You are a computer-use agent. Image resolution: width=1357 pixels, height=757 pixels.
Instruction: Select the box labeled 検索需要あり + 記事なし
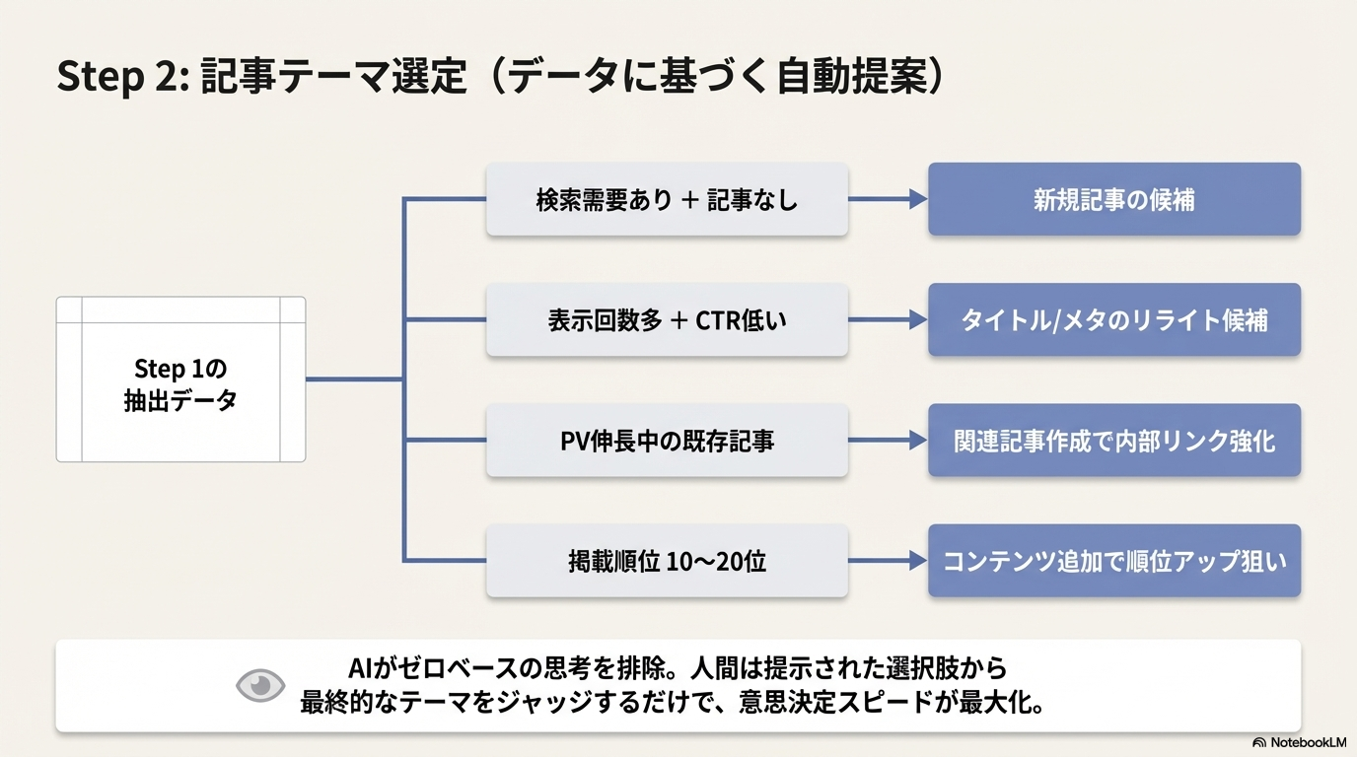tap(667, 199)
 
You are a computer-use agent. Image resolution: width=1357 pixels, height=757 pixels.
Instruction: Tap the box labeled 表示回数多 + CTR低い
tap(667, 320)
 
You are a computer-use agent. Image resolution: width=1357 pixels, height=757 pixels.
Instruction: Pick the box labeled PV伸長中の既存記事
tap(667, 441)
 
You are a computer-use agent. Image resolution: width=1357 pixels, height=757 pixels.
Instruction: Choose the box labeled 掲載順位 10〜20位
tap(667, 561)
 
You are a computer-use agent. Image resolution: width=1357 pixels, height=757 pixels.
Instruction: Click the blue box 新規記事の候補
tap(1113, 199)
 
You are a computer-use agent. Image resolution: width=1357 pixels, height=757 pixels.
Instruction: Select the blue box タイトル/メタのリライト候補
tap(1113, 320)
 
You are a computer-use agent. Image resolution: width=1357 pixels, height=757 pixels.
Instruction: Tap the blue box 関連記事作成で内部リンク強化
tap(1113, 441)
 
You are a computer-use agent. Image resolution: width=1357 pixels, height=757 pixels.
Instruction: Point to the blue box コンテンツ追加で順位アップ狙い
tap(1113, 561)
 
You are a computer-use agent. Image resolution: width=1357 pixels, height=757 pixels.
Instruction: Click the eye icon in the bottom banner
tap(260, 686)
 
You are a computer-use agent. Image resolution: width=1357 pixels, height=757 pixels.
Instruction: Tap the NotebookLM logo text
tap(1307, 742)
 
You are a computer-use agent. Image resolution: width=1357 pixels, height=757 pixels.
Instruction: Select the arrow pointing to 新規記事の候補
tap(888, 199)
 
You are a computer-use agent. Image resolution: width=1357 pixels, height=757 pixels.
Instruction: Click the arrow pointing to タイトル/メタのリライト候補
tap(888, 320)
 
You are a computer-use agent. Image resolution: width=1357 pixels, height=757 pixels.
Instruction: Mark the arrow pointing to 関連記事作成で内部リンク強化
tap(888, 441)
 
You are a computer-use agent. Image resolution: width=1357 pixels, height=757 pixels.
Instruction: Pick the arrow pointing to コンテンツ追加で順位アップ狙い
tap(888, 561)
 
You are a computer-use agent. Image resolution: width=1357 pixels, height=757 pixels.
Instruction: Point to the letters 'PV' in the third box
tap(575, 441)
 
